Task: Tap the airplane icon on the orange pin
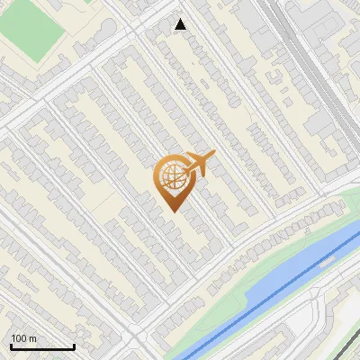196,165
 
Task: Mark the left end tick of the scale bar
11,346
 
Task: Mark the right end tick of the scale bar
74,346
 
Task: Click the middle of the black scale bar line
42,347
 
